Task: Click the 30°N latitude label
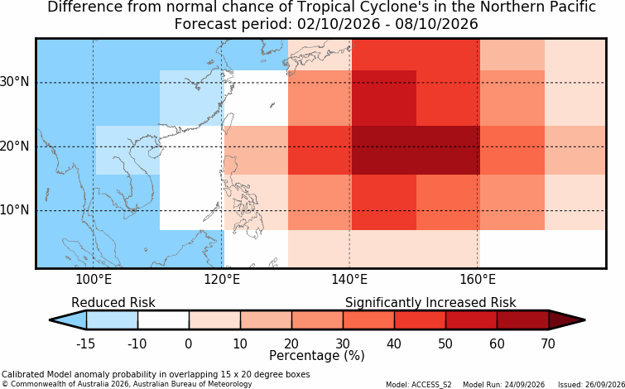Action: point(14,83)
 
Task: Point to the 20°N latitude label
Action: point(14,146)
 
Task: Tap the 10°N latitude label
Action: point(14,210)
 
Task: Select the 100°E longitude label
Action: point(94,281)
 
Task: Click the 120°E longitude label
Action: point(222,281)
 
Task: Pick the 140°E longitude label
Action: point(349,281)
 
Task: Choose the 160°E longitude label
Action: point(478,281)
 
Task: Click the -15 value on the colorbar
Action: point(85,343)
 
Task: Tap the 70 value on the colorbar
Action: point(549,343)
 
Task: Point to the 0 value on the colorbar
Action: point(189,343)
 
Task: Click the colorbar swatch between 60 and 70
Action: point(523,320)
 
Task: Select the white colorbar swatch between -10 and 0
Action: point(163,320)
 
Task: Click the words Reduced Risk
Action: point(113,303)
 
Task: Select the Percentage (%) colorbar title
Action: point(317,355)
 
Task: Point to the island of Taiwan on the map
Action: point(228,120)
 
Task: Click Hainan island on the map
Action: point(153,152)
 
